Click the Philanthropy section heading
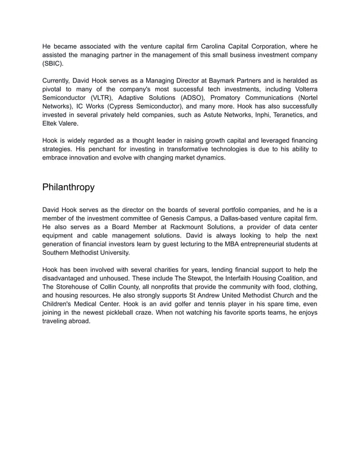68,187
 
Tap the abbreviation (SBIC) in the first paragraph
54,64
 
